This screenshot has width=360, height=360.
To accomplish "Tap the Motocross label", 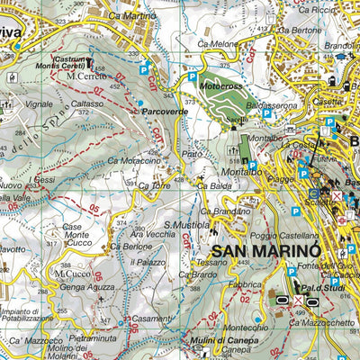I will [x=221, y=88].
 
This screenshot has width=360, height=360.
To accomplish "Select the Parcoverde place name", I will [x=165, y=112].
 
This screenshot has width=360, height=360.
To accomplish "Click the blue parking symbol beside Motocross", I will [x=192, y=78].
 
